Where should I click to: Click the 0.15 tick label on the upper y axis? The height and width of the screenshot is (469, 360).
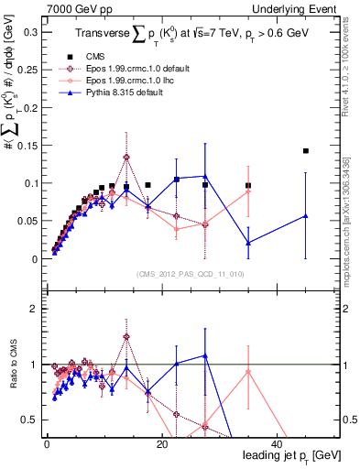click(x=29, y=145)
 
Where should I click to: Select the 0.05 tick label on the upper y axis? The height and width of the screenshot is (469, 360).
click(x=29, y=221)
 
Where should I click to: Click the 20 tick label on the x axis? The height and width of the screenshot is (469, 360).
click(x=162, y=444)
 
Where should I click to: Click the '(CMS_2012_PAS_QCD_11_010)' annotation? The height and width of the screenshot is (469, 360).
click(x=190, y=274)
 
